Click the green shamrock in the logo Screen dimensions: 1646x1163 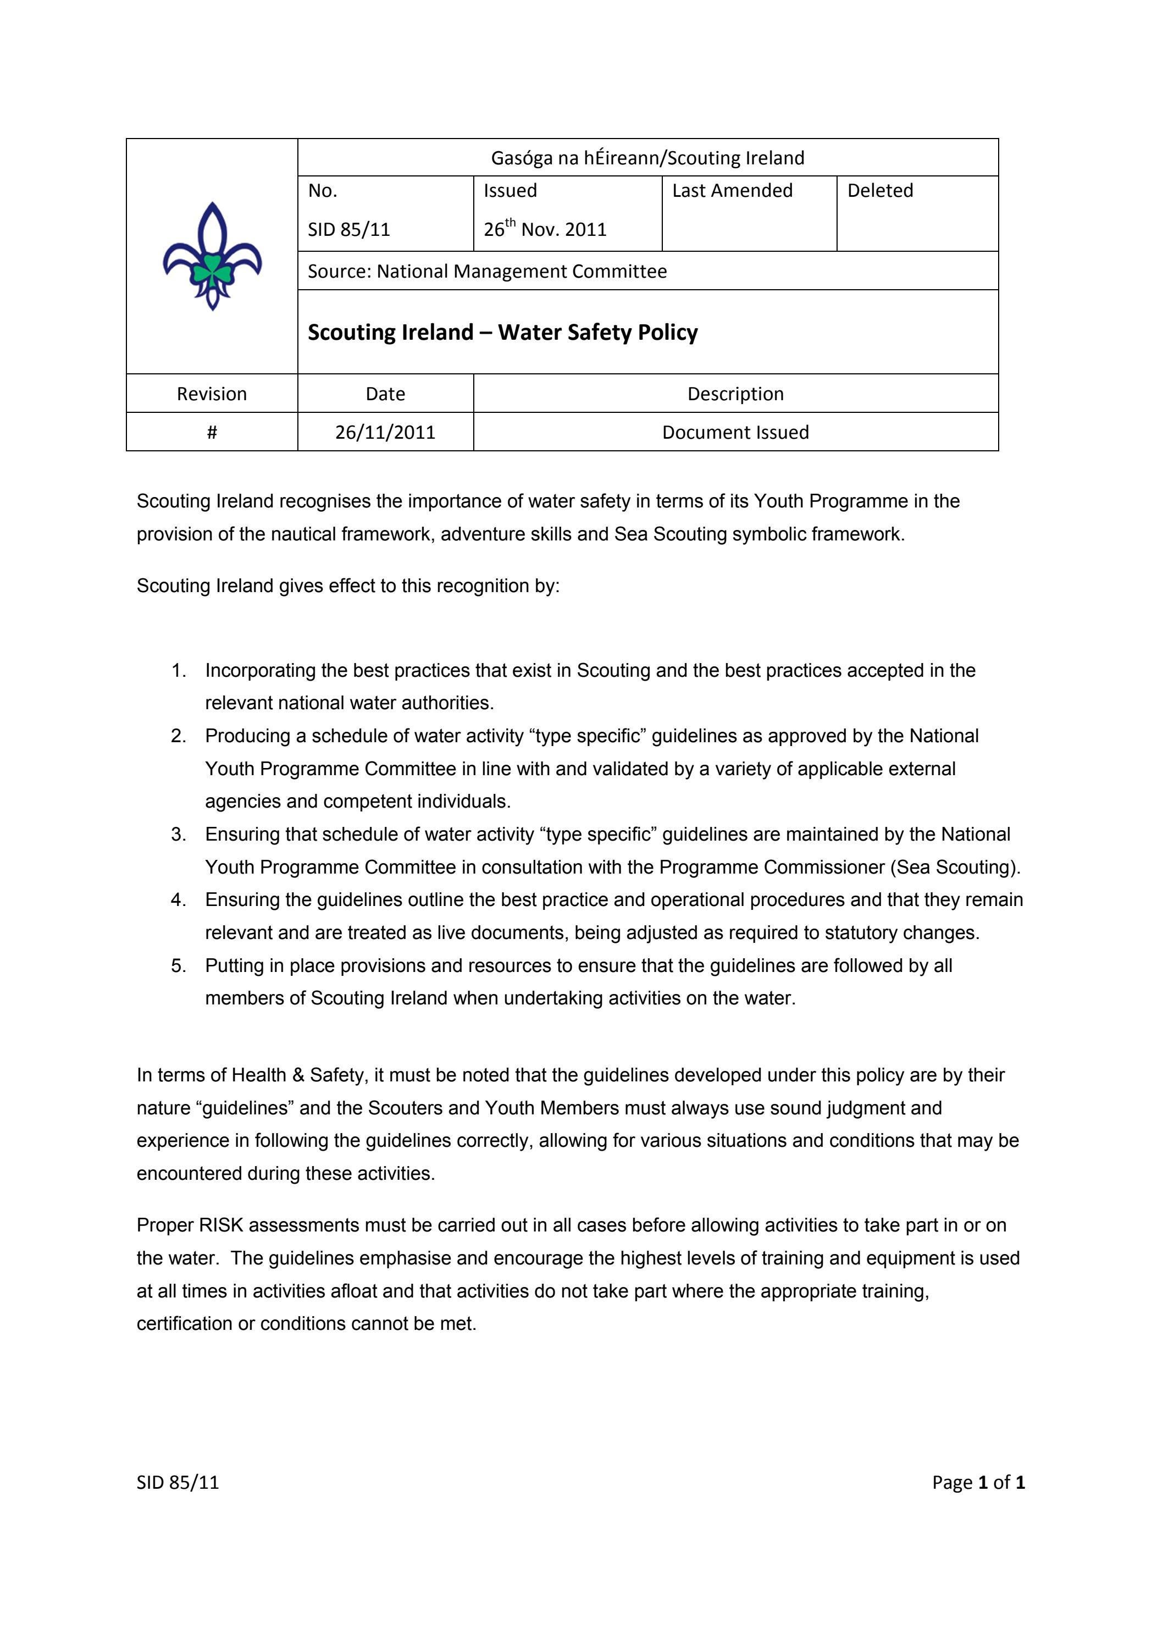point(212,270)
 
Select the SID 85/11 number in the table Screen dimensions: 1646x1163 point(349,229)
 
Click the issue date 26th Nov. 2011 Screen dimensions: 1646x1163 point(545,229)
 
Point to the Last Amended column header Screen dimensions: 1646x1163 point(732,191)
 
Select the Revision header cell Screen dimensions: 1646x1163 point(212,394)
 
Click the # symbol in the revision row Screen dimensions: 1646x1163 point(212,432)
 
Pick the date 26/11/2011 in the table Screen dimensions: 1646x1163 point(385,432)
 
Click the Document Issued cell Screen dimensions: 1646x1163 point(735,432)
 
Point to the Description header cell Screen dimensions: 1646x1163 point(735,394)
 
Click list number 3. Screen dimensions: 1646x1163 point(179,835)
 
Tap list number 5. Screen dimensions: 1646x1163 point(179,965)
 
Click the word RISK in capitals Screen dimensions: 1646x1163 point(221,1225)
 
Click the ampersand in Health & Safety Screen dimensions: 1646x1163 point(298,1075)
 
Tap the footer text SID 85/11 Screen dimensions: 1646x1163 point(178,1483)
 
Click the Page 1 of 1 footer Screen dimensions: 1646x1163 point(978,1483)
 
